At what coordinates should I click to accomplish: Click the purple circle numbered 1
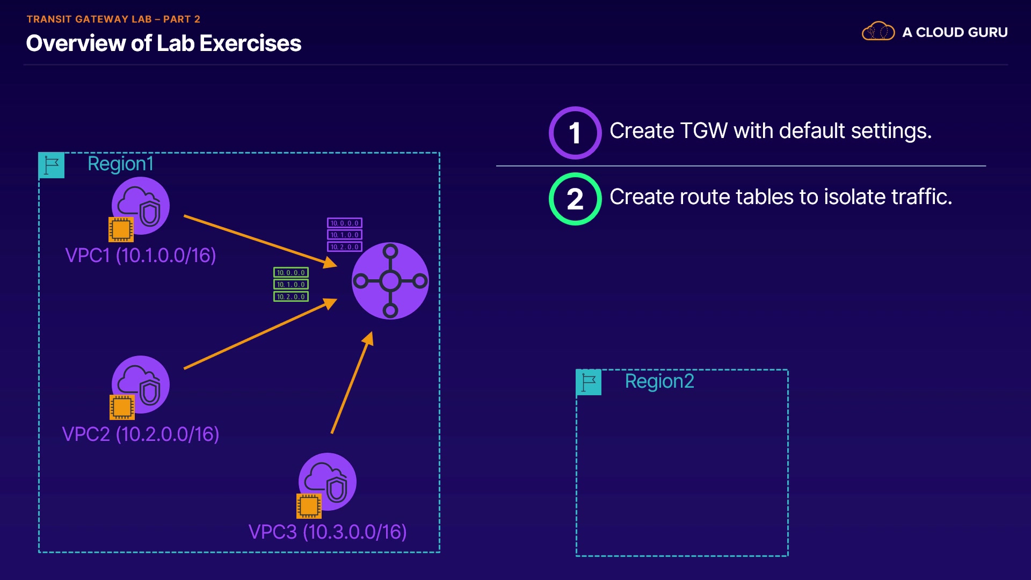pos(575,133)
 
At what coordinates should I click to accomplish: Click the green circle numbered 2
pos(575,199)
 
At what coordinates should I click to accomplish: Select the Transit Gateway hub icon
pos(390,280)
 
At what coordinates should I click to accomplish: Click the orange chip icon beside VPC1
pos(121,229)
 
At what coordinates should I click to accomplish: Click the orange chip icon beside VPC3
pos(309,506)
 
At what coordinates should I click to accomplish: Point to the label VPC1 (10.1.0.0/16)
pos(140,256)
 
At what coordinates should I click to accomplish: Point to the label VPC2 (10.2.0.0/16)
pos(140,434)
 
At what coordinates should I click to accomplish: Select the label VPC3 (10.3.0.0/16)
pos(328,532)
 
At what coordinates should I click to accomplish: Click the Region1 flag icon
pos(52,165)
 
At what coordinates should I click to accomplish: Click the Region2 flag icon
pos(589,382)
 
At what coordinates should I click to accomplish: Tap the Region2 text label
pos(659,381)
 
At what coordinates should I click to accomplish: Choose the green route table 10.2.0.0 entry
pos(291,296)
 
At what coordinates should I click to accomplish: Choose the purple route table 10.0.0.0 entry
pos(345,223)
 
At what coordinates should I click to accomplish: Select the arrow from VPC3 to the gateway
pos(352,382)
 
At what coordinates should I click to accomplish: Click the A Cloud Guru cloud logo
pos(878,32)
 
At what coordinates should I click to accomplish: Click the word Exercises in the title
pos(250,44)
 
